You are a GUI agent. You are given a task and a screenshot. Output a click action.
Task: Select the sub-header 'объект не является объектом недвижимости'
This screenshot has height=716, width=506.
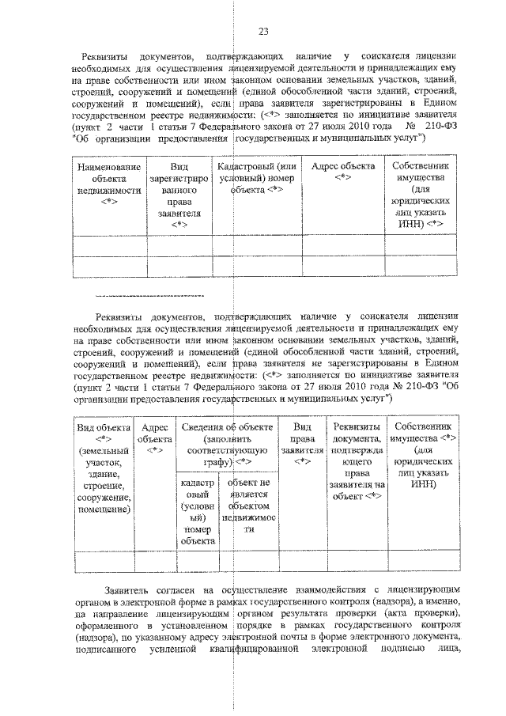point(248,505)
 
